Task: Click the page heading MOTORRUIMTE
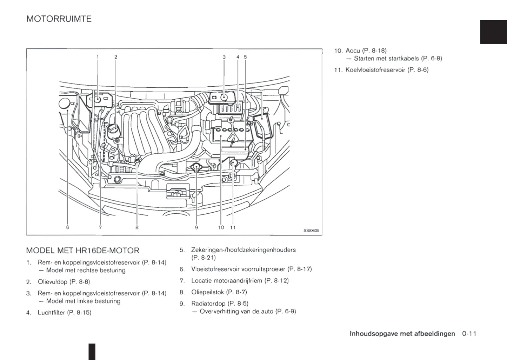[59, 19]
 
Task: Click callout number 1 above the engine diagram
[98, 57]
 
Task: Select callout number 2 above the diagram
[116, 57]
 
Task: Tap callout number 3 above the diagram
[224, 57]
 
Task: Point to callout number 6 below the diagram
[67, 227]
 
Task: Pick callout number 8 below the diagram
[137, 227]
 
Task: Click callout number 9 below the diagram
[196, 227]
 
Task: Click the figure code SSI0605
[311, 231]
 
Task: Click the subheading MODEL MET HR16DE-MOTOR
[83, 251]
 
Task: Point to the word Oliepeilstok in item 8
[207, 292]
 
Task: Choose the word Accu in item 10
[353, 51]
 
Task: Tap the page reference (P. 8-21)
[204, 258]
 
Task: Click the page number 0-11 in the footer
[469, 334]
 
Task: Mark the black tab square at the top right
[493, 32]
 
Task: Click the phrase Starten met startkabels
[386, 58]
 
